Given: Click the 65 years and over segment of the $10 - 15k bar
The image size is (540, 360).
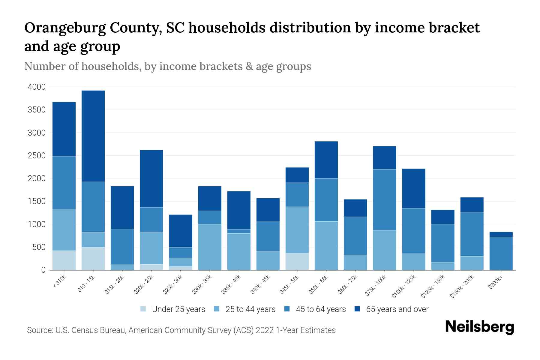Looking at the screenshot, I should tap(93, 136).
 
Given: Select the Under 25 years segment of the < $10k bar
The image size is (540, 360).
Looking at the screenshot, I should tap(64, 260).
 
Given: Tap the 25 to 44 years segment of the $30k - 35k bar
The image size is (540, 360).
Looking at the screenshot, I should tap(210, 247).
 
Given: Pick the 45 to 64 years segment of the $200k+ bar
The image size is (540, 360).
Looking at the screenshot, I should tap(501, 253).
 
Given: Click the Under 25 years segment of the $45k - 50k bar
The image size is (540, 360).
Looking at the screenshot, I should tap(297, 262).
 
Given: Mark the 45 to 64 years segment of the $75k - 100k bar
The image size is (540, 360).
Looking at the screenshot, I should tap(384, 199).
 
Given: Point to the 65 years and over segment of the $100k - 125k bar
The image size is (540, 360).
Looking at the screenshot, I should tap(413, 188).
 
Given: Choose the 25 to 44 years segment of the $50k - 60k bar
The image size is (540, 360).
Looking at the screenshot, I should tap(326, 245).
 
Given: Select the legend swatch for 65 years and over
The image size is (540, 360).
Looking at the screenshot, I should tap(357, 309).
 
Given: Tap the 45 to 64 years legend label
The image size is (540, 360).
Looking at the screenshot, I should tap(321, 309).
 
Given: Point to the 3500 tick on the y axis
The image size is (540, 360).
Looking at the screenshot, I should tap(37, 110).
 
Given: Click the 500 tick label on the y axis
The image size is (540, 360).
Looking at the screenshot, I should tap(39, 247).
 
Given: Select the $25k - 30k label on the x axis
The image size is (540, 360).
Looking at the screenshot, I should tap(173, 284).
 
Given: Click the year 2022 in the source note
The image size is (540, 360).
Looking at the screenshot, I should tap(265, 330).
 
